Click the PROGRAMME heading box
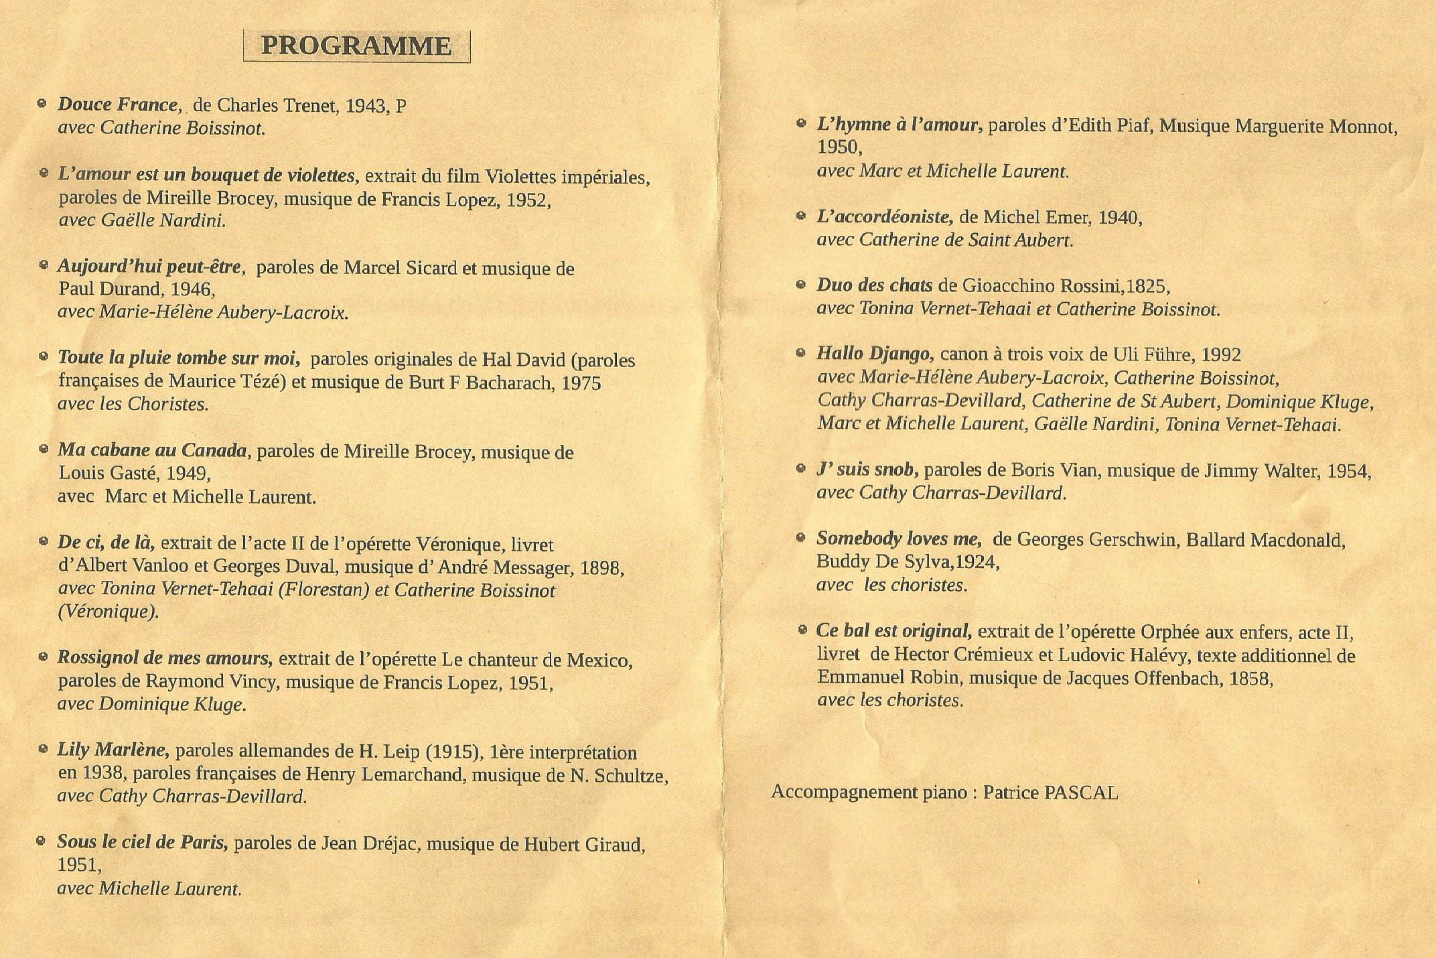(x=356, y=46)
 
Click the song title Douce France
(x=118, y=105)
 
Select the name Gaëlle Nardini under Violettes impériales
(x=162, y=220)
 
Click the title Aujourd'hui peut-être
(x=150, y=267)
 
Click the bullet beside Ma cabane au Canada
(x=44, y=449)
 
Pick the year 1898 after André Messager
(x=601, y=568)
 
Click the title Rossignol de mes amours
(x=165, y=659)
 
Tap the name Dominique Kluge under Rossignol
(x=172, y=704)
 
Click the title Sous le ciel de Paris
(x=143, y=843)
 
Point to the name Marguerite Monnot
(x=1315, y=127)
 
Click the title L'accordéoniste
(x=884, y=217)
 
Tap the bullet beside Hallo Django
(x=801, y=352)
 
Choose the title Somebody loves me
(x=899, y=539)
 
